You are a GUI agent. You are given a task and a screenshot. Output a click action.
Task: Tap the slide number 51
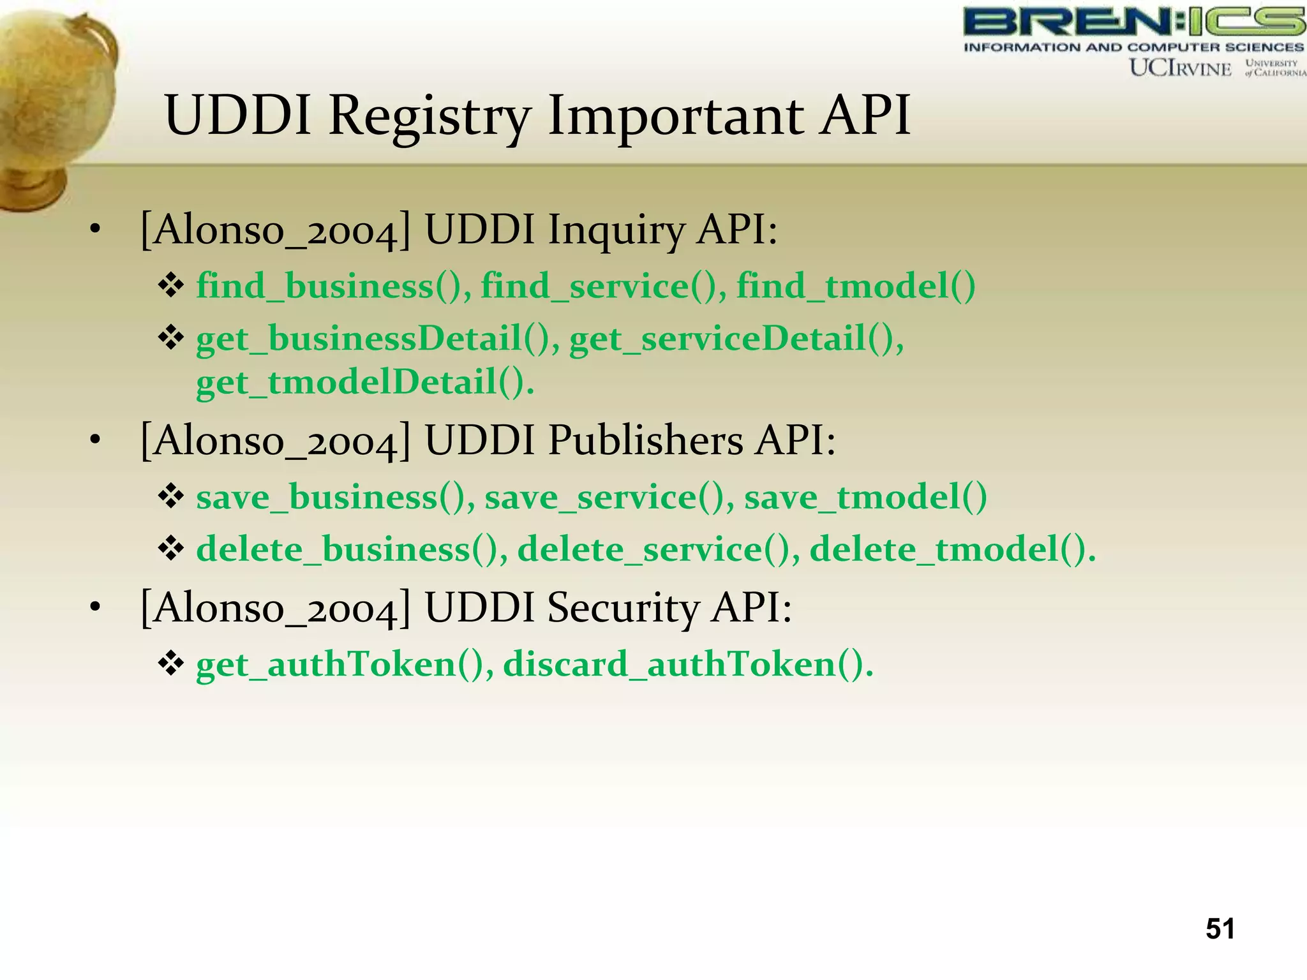1220,928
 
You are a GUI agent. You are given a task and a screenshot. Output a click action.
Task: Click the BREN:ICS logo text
1133,22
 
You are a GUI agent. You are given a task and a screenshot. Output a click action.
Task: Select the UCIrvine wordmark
1180,68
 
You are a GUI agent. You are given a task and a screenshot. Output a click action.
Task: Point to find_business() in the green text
333,285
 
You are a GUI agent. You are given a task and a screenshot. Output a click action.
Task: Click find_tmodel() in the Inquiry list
855,285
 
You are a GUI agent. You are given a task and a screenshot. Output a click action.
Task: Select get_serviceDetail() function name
735,338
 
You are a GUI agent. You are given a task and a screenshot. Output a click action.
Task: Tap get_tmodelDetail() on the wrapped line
364,382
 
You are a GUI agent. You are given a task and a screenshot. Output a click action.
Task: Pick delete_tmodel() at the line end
951,549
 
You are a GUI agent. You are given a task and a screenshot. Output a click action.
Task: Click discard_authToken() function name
687,664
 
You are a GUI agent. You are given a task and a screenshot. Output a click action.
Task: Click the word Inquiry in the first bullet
616,230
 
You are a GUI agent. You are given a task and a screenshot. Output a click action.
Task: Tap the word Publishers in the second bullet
645,440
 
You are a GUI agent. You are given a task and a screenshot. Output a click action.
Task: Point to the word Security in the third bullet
623,607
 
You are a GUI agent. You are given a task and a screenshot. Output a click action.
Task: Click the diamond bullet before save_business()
171,496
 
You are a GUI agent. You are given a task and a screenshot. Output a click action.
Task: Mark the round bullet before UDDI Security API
95,607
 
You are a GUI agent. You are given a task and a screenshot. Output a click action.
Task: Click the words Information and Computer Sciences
1133,47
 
